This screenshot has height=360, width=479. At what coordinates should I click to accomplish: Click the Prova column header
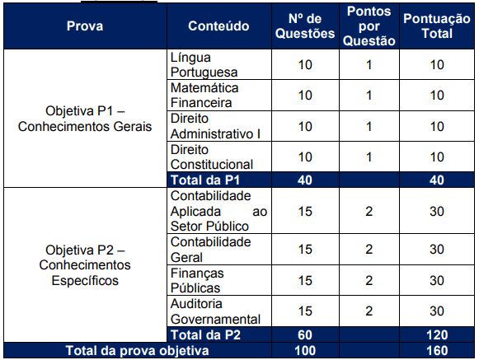85,26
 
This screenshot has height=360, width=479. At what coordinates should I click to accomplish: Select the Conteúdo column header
218,26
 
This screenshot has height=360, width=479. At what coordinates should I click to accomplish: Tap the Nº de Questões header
305,26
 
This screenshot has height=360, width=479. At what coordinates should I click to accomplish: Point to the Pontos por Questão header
369,26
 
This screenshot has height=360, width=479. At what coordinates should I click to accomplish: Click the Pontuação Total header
437,26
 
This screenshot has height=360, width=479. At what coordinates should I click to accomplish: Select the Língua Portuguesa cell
204,65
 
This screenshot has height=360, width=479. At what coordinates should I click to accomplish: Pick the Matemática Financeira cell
204,96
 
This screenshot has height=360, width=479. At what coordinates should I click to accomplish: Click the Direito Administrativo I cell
215,126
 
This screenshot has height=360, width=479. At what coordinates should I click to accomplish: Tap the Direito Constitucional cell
212,157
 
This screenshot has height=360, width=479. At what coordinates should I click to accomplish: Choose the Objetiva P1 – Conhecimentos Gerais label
85,119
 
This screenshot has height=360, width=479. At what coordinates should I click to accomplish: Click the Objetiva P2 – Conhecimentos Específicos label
85,265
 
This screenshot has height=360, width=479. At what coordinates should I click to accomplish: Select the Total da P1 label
205,180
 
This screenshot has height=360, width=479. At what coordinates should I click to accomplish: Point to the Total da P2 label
205,334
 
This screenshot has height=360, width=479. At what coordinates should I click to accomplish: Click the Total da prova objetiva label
138,351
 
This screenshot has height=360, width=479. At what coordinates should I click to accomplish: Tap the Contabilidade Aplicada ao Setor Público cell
218,211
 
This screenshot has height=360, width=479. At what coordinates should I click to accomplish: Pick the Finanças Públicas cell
197,280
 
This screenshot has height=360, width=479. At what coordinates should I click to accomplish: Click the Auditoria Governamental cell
215,311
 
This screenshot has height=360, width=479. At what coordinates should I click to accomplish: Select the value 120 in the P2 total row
437,335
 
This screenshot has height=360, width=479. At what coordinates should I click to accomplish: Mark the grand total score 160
437,351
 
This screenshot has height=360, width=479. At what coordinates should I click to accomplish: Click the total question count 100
305,351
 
